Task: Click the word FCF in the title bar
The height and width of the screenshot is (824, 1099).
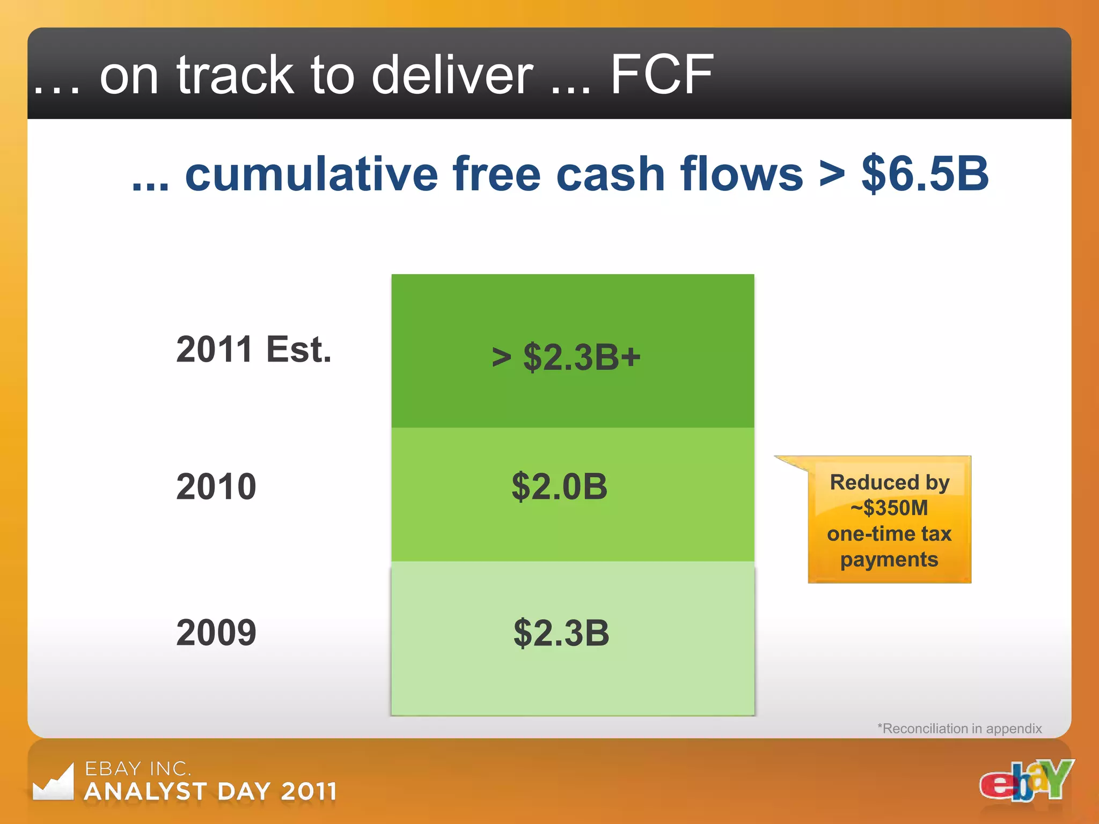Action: coord(662,75)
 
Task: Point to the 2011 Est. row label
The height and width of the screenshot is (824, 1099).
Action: coord(254,350)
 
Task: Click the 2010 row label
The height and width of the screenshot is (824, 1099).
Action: coord(216,487)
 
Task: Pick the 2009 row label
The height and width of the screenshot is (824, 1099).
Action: coord(216,632)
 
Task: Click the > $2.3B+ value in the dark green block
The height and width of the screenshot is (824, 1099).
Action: coord(566,357)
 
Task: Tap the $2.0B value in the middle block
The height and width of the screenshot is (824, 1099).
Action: coord(560,487)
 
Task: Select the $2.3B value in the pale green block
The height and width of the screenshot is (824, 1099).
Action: coord(561,633)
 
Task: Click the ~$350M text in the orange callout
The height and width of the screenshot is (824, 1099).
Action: coord(889,508)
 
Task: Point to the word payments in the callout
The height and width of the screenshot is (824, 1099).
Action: coord(889,560)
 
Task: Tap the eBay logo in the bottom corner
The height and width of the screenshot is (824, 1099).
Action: coord(1026,781)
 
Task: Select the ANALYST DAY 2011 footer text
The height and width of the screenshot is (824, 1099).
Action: coord(211,792)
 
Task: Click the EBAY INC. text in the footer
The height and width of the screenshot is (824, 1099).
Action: coord(138,769)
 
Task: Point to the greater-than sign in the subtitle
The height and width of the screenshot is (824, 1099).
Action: coord(832,174)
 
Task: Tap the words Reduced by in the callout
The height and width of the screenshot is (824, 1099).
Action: coord(889,482)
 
